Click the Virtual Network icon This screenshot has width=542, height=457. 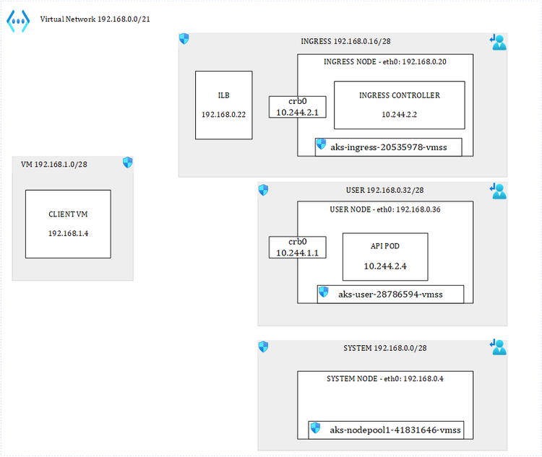[18, 21]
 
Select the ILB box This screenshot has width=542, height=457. [223, 105]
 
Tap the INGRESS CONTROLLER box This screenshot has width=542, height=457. [399, 105]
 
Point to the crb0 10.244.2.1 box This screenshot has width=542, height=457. [297, 107]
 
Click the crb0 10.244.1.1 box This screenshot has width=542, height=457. [297, 247]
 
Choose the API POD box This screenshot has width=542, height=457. [384, 256]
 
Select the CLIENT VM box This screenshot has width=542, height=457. [68, 224]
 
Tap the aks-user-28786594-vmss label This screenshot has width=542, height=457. [390, 294]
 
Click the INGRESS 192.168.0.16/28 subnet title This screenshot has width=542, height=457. [341, 42]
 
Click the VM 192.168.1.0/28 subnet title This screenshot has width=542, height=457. [54, 164]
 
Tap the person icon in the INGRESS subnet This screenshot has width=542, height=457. [498, 43]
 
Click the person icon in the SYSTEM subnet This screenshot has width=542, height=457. [498, 347]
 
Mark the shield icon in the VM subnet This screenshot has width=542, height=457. [127, 163]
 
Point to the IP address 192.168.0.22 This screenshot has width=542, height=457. [223, 114]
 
